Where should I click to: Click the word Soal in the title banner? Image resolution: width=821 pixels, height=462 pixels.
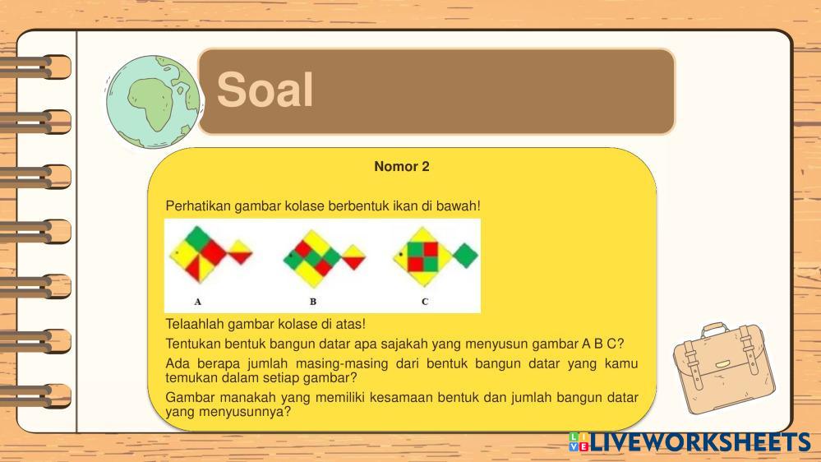tap(265, 90)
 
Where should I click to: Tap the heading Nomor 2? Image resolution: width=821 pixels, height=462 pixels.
tap(402, 167)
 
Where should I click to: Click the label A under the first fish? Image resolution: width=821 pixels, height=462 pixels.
tap(197, 302)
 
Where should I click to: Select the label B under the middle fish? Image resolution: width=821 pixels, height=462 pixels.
tap(312, 302)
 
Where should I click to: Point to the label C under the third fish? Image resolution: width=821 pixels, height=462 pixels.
tap(425, 302)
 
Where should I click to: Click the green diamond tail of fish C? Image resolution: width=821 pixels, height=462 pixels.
tap(465, 256)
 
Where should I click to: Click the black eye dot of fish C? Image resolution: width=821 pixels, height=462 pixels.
tap(401, 254)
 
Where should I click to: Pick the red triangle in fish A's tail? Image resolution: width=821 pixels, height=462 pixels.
tap(240, 257)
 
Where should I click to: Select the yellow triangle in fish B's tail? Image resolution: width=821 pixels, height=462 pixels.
tap(353, 252)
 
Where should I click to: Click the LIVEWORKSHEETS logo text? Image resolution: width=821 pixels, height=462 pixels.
tap(700, 442)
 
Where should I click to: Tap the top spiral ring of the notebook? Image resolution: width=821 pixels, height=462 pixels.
tap(35, 67)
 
